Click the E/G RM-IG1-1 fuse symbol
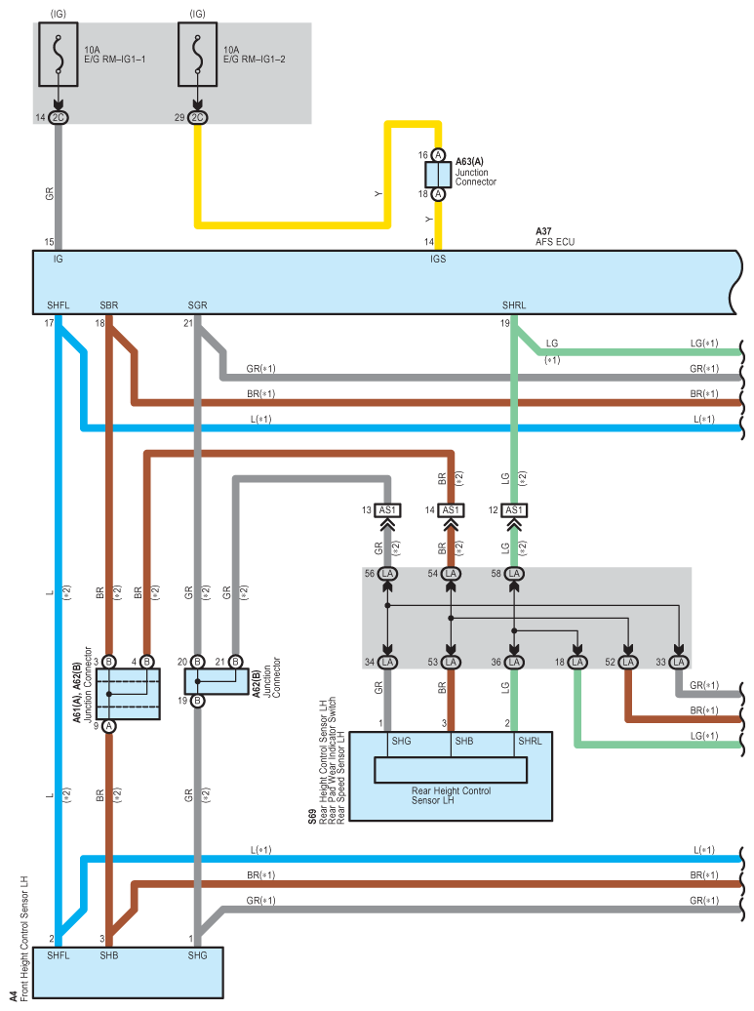pos(58,55)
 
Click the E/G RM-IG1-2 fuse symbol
pos(197,55)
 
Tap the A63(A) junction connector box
pos(438,175)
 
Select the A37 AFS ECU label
pos(555,236)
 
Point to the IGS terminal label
pos(438,259)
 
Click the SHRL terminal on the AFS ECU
pos(514,305)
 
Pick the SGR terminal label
pos(197,305)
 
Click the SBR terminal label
pos(109,305)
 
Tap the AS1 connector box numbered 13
pos(387,510)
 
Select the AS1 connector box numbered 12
pos(514,510)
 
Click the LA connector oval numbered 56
pos(387,573)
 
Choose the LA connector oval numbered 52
pos(628,663)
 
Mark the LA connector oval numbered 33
pos(678,663)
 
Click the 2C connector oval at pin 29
pos(197,117)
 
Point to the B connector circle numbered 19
pos(197,701)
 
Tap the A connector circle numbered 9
pos(109,726)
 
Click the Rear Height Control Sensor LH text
pos(451,795)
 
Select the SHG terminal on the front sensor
pos(197,955)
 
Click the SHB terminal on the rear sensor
pos(464,741)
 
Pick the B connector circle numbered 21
pos(235,662)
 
